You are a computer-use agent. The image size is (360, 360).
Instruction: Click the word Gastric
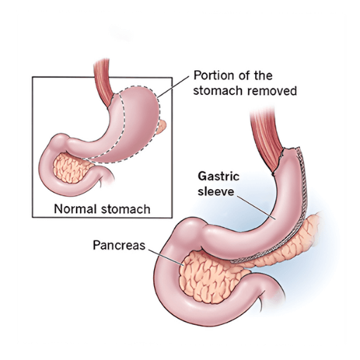point(219,176)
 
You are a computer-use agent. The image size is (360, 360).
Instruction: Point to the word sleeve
point(216,191)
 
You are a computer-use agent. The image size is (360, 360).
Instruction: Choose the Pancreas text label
point(120,245)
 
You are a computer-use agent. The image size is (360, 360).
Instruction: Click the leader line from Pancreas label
point(166,257)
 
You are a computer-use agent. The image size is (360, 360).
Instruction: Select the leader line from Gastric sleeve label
point(256,208)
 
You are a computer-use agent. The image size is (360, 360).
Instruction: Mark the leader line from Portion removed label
point(173,86)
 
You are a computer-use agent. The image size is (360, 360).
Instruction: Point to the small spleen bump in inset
point(161,127)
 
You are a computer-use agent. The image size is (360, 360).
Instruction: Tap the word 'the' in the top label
point(263,76)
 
